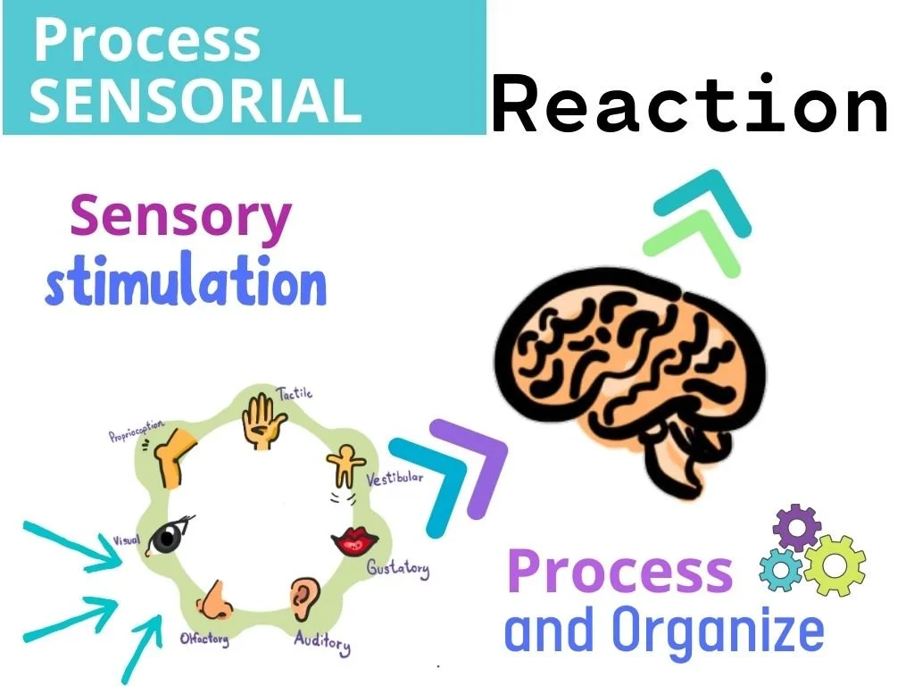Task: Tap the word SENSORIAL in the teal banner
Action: [x=195, y=99]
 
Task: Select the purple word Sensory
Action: [x=181, y=218]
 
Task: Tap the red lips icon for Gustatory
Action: [x=354, y=540]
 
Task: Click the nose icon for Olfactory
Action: [x=215, y=598]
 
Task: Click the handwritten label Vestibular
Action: [x=395, y=479]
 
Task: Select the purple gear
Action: [x=797, y=528]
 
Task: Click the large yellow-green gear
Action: [x=835, y=564]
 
